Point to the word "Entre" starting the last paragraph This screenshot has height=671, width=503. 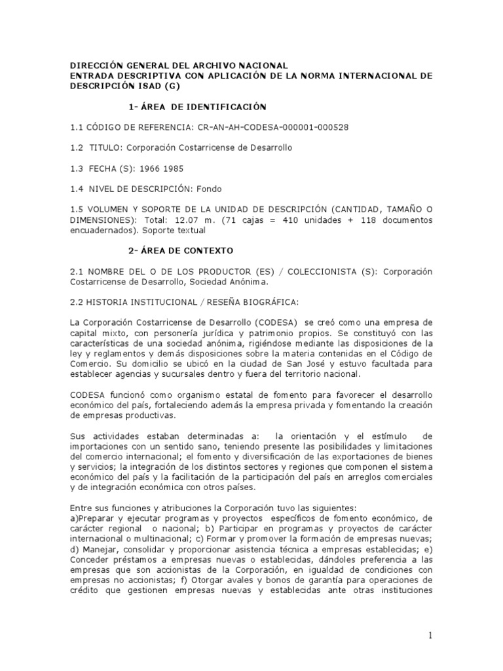[82, 508]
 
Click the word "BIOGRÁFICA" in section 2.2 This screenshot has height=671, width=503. [266, 301]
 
